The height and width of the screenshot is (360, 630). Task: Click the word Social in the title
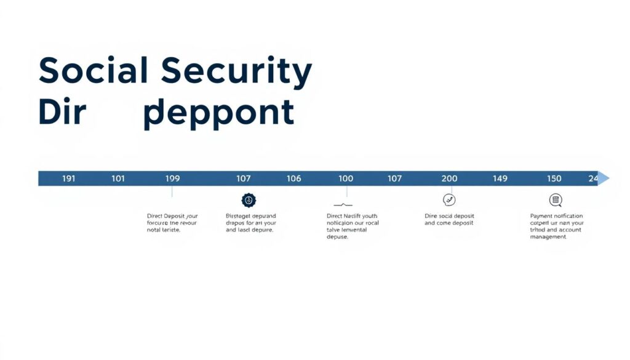click(x=93, y=71)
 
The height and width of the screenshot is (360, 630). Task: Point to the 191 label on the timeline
click(x=69, y=178)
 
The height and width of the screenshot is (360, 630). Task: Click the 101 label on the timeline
click(x=118, y=178)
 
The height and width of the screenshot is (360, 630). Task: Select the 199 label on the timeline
click(x=173, y=178)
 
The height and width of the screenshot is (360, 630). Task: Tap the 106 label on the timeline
click(x=294, y=178)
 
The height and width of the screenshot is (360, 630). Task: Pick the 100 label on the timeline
click(x=346, y=178)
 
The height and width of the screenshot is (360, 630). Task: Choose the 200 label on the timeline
click(x=450, y=178)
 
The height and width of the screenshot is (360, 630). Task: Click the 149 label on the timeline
click(x=500, y=178)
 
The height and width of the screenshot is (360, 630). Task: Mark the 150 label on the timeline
click(x=554, y=178)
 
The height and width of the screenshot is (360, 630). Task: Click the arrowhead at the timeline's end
click(x=604, y=178)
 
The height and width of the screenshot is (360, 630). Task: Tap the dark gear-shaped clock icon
click(x=249, y=200)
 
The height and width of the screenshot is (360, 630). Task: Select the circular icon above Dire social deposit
click(x=449, y=200)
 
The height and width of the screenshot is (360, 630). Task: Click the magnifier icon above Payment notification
click(x=556, y=200)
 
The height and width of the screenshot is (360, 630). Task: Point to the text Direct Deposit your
click(x=172, y=216)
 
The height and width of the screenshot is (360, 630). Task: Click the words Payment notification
click(x=556, y=216)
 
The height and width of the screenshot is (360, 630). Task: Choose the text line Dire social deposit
click(x=449, y=216)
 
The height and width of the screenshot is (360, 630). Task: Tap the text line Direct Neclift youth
click(x=351, y=216)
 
